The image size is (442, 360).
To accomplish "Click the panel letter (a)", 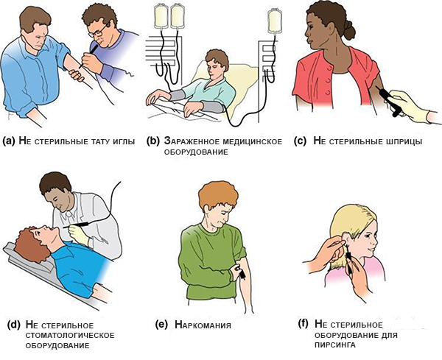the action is (8, 141).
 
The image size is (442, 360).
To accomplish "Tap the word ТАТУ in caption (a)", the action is (102, 141).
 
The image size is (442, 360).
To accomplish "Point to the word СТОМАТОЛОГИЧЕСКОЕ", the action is (70, 336).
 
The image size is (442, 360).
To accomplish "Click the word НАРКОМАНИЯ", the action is (203, 325).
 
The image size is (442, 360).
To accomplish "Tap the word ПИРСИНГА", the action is (335, 345).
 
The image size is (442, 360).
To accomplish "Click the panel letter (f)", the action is (304, 324).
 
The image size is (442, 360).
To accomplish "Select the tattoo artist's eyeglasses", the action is (98, 31).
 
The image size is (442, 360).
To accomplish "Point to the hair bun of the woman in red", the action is (348, 31).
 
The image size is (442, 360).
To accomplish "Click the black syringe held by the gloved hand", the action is (389, 101).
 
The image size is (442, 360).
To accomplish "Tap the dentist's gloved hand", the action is (80, 235).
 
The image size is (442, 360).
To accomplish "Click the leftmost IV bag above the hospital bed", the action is (161, 16).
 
